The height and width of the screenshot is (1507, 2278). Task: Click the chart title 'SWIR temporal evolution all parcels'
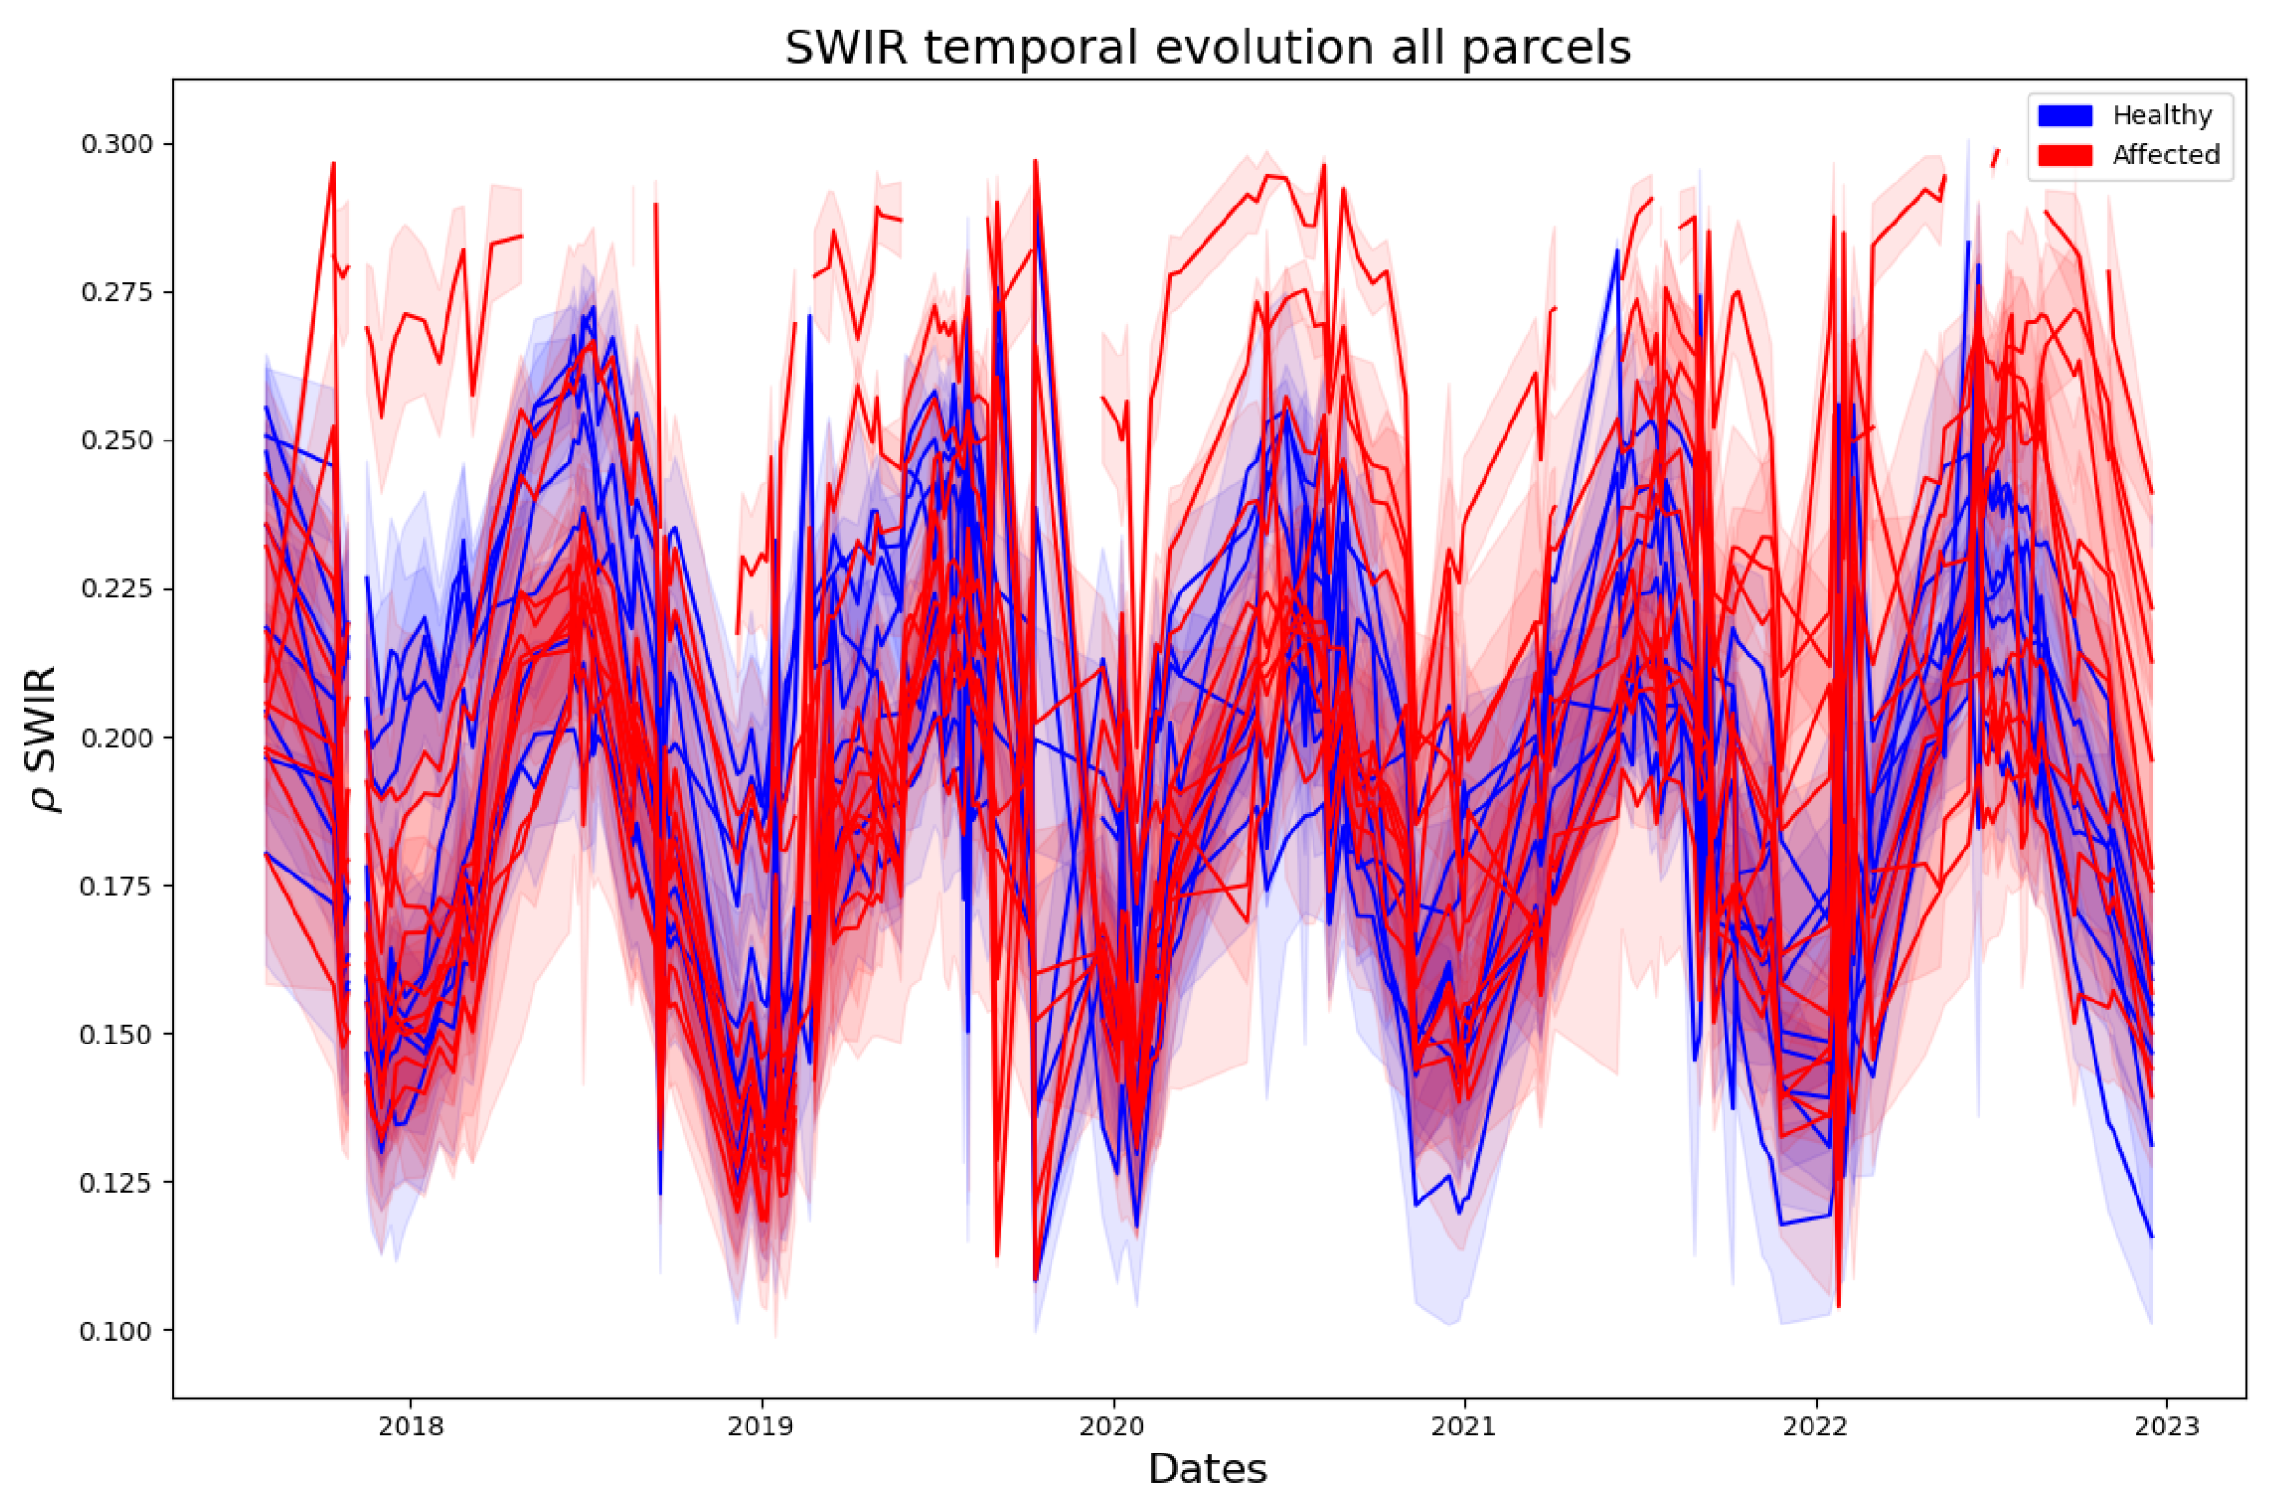click(x=1207, y=48)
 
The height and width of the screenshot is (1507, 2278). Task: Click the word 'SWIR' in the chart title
click(x=846, y=48)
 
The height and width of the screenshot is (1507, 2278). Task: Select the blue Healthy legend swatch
click(x=2066, y=116)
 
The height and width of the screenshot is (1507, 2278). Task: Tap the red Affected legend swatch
click(x=2066, y=156)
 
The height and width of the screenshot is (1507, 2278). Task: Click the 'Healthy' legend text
click(x=2161, y=116)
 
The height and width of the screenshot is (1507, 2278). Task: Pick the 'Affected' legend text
click(x=2165, y=156)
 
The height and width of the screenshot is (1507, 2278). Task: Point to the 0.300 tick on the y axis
click(x=117, y=144)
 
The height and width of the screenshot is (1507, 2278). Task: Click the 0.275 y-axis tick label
click(x=117, y=292)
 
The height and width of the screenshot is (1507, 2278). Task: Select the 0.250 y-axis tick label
click(x=117, y=441)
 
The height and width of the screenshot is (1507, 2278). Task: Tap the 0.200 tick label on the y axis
click(x=117, y=738)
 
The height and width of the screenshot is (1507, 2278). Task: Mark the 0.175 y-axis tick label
click(x=117, y=886)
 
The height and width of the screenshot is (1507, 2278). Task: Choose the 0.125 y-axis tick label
click(x=117, y=1183)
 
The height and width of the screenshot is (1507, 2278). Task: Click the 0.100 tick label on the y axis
click(x=117, y=1331)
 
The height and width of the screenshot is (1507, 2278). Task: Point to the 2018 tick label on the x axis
click(x=410, y=1427)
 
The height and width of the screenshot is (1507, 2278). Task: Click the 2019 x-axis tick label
click(x=761, y=1427)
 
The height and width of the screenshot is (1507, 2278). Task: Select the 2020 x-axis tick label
click(x=1113, y=1427)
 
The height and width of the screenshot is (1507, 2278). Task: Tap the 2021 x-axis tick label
click(x=1464, y=1427)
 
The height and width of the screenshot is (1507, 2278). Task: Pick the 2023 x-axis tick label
click(x=2166, y=1427)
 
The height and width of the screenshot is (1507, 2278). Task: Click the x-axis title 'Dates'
click(x=1207, y=1469)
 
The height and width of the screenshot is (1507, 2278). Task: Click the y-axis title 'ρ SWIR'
click(x=43, y=738)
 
